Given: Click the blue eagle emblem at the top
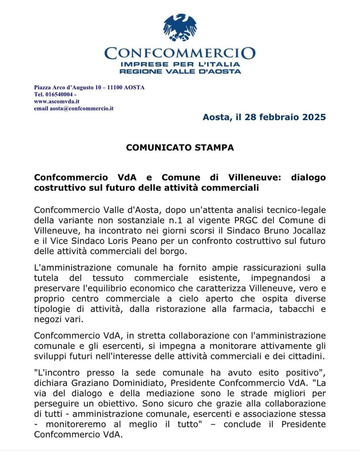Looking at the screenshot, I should [180, 27].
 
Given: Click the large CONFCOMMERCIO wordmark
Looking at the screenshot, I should [180, 53].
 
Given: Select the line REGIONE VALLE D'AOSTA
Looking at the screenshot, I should [180, 71].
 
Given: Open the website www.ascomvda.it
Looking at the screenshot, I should [57, 101].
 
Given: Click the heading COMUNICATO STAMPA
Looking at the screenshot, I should [180, 148].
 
